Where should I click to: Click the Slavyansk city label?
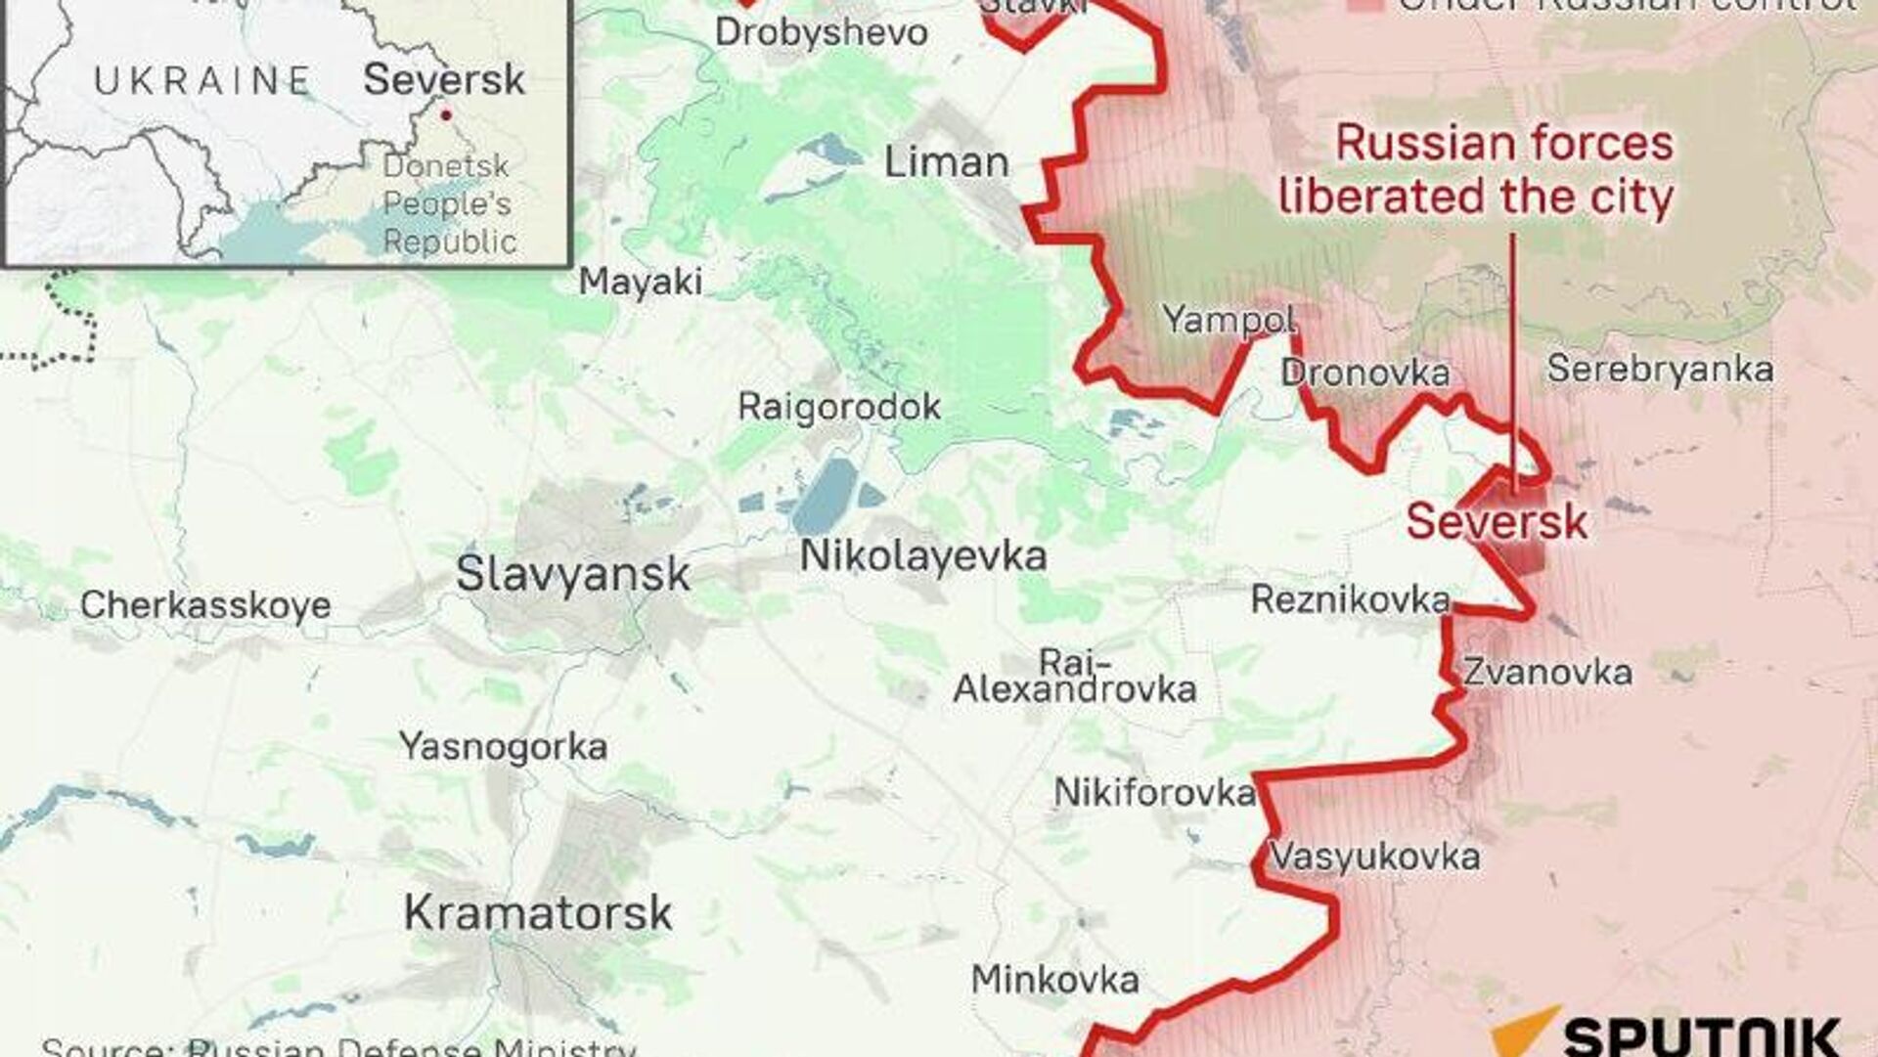coord(573,574)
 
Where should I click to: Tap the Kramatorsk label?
coord(538,913)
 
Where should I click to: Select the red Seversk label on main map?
coord(1497,521)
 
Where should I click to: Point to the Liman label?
coord(946,162)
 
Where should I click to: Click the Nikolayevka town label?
coord(923,556)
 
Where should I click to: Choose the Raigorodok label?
coord(839,407)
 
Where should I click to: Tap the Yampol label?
coord(1230,320)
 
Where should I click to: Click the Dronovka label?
coord(1364,373)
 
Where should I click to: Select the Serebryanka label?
coord(1660,370)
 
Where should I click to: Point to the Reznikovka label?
coord(1350,599)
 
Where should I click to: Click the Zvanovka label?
coord(1547,673)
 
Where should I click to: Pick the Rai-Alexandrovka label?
coord(1074,677)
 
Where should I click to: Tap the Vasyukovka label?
coord(1374,858)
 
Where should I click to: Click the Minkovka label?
coord(1054,980)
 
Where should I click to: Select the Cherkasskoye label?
coord(205,605)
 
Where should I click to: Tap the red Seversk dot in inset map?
coord(446,115)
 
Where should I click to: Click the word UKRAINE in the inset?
coord(202,80)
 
